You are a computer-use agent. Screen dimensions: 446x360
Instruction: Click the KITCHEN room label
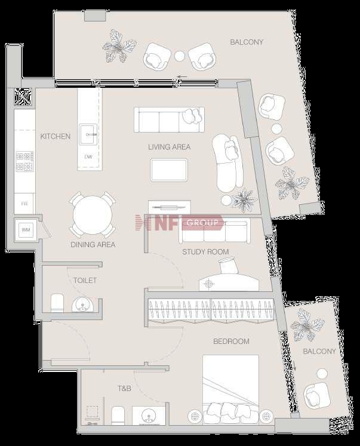click(55, 137)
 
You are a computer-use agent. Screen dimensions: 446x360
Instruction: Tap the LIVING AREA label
click(170, 147)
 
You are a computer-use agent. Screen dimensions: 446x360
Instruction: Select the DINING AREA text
click(93, 244)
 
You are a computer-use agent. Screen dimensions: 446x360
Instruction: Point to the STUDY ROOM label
click(205, 252)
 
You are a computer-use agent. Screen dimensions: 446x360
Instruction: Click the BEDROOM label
click(231, 342)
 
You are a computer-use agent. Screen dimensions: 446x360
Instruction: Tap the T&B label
click(124, 389)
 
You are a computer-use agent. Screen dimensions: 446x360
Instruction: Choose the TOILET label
click(85, 280)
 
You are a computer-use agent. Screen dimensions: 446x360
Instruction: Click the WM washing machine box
click(26, 229)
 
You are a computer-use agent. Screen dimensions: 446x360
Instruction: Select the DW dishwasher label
click(88, 157)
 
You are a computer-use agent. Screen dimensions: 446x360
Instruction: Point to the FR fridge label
click(24, 204)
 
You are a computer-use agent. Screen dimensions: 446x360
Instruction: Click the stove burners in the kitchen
click(25, 161)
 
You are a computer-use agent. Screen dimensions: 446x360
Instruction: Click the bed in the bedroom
click(230, 388)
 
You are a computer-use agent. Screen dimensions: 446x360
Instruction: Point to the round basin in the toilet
click(82, 306)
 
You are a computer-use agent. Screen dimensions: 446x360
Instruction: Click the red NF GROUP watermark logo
click(180, 223)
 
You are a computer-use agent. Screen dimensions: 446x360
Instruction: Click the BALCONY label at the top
click(247, 42)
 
